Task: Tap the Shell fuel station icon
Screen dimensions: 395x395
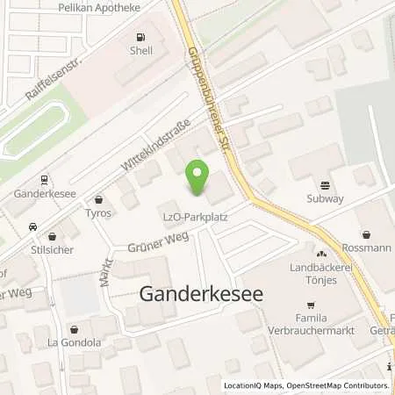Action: (140, 37)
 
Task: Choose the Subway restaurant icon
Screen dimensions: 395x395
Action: (326, 185)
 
